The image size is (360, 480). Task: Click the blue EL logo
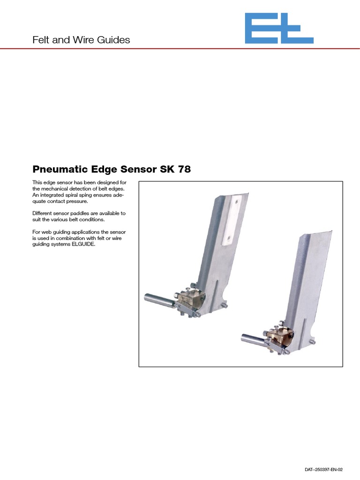click(x=279, y=29)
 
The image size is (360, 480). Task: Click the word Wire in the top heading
click(x=83, y=40)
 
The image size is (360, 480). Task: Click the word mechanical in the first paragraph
click(x=58, y=188)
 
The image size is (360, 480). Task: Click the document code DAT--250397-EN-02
click(x=324, y=469)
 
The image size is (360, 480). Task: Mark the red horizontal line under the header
click(x=180, y=49)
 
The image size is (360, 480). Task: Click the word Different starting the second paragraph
click(x=43, y=213)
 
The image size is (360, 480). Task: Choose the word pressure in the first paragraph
click(x=77, y=201)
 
